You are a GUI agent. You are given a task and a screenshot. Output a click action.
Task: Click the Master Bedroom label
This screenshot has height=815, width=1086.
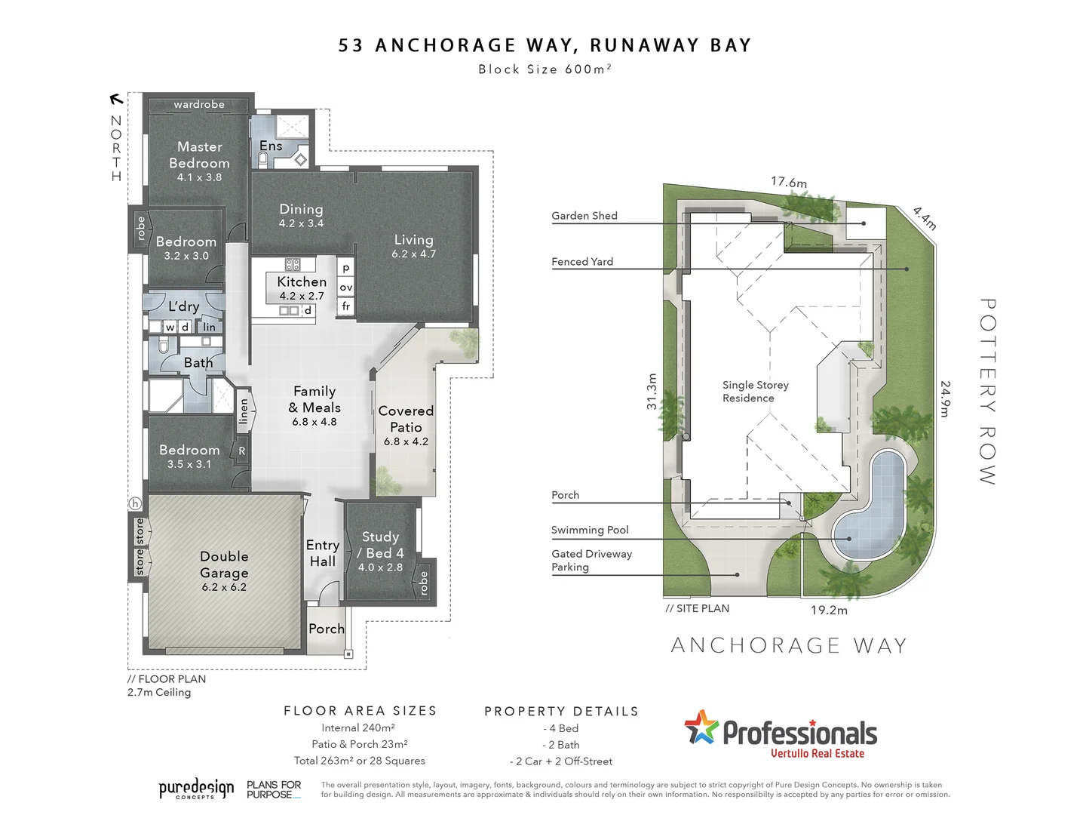click(199, 155)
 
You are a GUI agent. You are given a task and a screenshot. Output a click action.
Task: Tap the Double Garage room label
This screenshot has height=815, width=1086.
click(224, 564)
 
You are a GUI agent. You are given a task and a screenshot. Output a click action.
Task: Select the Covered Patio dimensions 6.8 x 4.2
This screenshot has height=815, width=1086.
click(406, 441)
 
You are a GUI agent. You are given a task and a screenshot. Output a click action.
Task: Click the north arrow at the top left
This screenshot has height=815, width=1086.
click(116, 98)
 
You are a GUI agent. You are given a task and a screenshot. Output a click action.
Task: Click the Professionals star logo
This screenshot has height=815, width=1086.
click(701, 727)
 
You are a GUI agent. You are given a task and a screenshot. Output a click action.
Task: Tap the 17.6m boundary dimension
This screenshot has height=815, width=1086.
click(788, 182)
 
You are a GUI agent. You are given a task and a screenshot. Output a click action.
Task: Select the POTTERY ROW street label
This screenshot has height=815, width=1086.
click(987, 391)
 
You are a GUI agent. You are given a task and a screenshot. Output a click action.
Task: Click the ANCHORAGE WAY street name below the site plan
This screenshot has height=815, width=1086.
click(789, 646)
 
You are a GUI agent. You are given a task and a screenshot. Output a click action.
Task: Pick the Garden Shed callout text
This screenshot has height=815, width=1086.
click(584, 216)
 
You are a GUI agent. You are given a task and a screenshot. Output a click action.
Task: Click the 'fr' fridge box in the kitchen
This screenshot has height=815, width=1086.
click(346, 306)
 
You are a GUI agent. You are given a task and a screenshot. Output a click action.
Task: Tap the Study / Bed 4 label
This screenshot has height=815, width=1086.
click(380, 545)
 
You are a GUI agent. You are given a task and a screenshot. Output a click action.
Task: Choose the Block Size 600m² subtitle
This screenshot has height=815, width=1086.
click(544, 69)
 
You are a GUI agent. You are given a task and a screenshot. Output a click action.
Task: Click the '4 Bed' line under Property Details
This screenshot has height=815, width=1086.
click(561, 728)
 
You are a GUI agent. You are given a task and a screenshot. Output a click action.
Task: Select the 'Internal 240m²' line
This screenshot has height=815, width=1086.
click(358, 728)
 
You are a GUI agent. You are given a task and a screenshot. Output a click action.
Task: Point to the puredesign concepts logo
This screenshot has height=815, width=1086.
click(196, 789)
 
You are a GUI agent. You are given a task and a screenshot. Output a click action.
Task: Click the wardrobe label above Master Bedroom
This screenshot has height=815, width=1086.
click(199, 104)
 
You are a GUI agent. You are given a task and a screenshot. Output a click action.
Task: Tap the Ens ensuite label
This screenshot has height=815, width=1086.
click(271, 146)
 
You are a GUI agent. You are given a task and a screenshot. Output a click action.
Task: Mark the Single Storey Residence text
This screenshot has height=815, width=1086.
click(755, 391)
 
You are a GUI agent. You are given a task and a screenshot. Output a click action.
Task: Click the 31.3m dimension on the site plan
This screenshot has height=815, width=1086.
click(652, 392)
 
